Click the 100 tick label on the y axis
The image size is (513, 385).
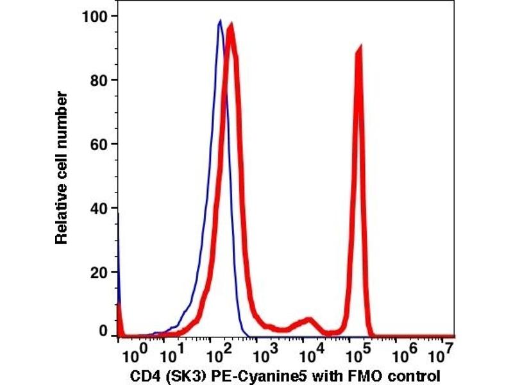tap(95, 15)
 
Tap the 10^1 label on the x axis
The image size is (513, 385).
tap(171, 354)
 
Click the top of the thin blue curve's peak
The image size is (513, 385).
tap(220, 21)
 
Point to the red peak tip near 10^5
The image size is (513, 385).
tap(359, 47)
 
